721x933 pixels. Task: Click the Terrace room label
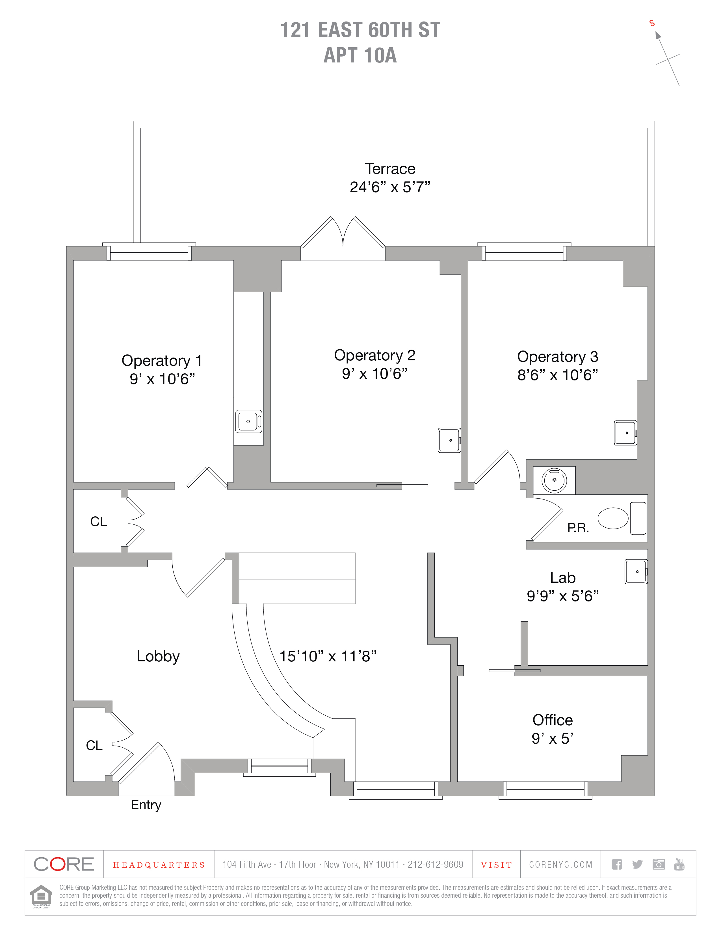pos(389,169)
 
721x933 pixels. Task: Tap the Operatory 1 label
pos(161,361)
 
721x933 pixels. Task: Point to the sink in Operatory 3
pos(625,433)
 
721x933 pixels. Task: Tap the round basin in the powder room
pos(554,480)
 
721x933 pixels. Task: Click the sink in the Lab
pos(636,572)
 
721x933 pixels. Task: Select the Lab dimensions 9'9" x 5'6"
pos(562,596)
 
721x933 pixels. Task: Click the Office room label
pos(552,720)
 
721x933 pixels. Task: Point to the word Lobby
pos(158,656)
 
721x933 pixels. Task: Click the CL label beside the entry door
pos(94,745)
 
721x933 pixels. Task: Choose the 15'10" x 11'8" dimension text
pos(328,656)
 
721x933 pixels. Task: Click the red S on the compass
pos(652,23)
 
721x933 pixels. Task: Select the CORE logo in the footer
pos(64,864)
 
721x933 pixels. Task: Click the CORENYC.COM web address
pos(560,865)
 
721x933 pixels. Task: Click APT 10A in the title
pos(360,55)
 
